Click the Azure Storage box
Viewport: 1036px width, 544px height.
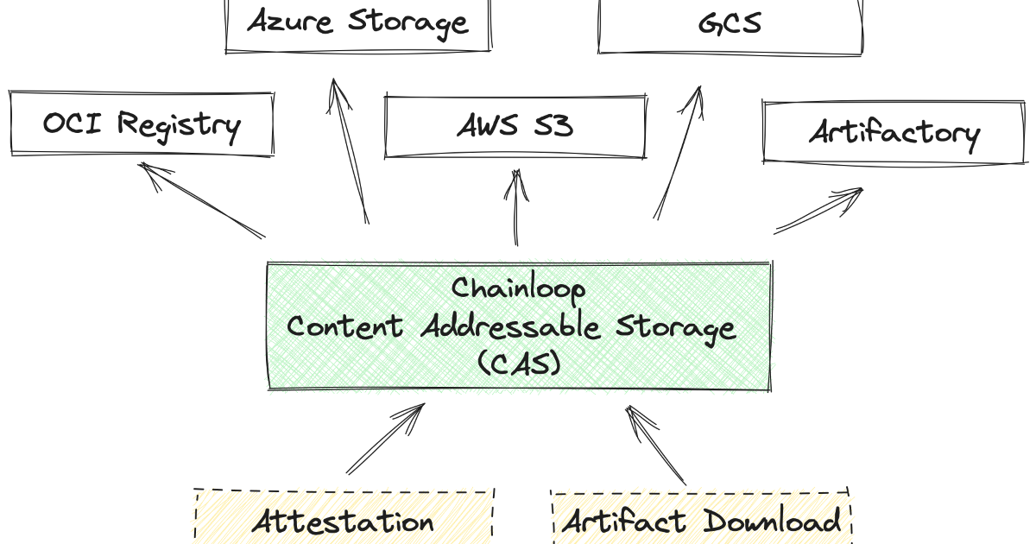tap(357, 23)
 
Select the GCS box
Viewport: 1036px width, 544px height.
tap(730, 24)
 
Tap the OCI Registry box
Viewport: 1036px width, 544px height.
tap(141, 125)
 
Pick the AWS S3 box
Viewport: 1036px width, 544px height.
tap(515, 127)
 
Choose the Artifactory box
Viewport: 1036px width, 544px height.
tap(894, 132)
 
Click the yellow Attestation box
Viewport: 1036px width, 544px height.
tap(344, 521)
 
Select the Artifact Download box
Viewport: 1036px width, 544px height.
tap(700, 521)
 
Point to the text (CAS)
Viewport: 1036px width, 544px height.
tap(519, 364)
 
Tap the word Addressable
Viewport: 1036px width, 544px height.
tap(513, 326)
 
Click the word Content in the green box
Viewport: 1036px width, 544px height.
tap(344, 326)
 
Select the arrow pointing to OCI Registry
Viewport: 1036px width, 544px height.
tap(203, 200)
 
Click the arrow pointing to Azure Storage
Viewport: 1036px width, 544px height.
tap(349, 151)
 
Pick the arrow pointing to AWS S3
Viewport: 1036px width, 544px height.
tap(516, 207)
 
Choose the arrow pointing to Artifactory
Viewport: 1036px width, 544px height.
tap(818, 210)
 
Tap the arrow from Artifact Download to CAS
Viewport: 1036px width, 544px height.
tap(655, 445)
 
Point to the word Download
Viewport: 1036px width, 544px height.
tap(771, 521)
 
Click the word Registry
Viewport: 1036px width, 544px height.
tap(178, 125)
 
